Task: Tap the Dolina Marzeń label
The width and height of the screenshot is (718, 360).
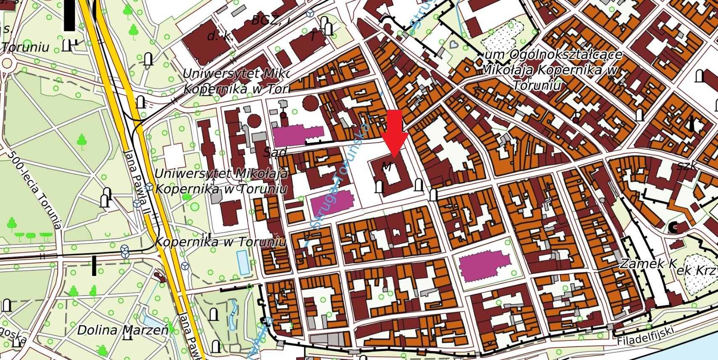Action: pos(122,330)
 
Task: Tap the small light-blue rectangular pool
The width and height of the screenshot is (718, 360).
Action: pos(243,262)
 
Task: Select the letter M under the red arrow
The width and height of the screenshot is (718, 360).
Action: pos(387,166)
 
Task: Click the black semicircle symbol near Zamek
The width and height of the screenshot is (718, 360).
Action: pos(673,228)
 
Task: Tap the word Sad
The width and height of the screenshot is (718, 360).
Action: pos(275,152)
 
